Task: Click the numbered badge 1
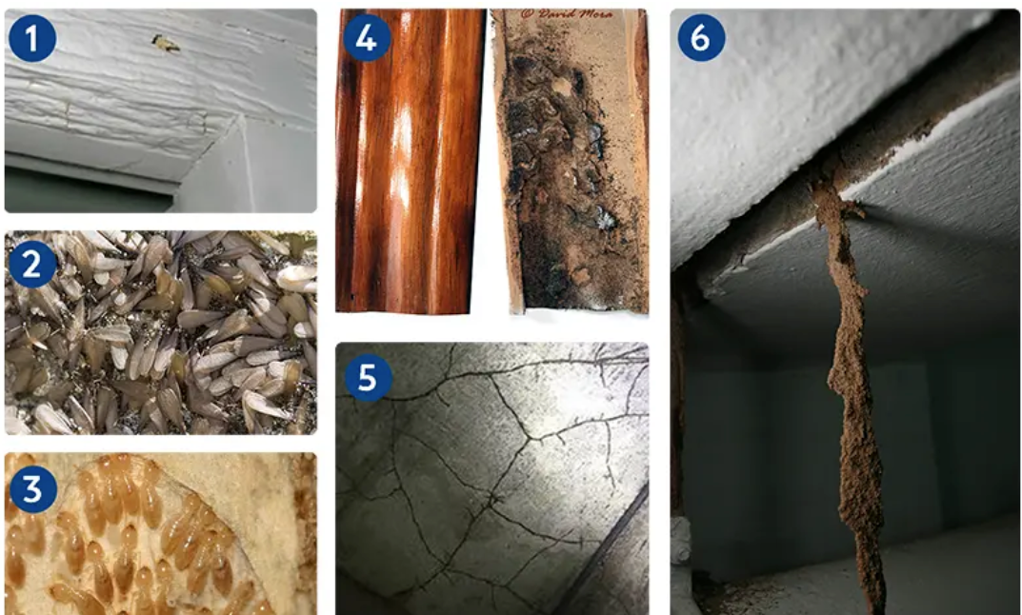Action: [32, 38]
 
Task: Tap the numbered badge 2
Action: [32, 264]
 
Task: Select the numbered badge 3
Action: [32, 489]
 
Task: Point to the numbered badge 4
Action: [367, 38]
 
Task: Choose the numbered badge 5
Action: [368, 377]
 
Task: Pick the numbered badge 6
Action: [701, 38]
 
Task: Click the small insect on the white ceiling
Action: [165, 44]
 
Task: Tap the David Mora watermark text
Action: [567, 13]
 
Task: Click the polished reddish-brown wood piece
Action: [410, 161]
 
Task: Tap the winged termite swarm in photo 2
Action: [161, 332]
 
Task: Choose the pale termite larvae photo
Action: [161, 533]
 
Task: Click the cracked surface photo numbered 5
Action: [492, 478]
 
